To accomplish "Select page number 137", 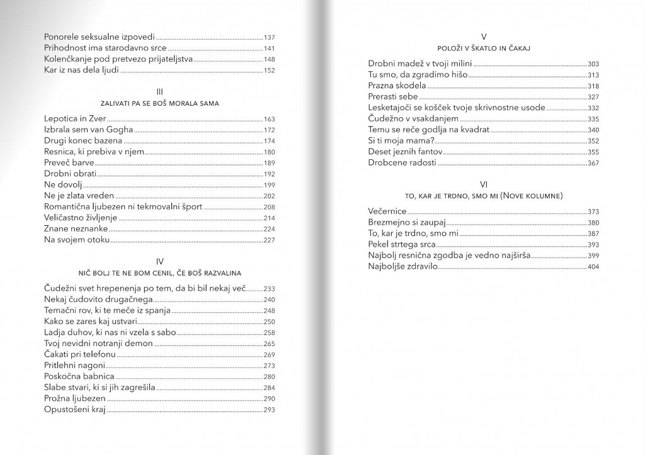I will pos(269,37).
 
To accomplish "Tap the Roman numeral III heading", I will pos(159,91).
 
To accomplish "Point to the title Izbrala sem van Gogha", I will pos(89,130).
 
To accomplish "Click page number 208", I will pos(269,207).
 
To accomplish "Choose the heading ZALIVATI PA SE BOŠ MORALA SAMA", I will pos(159,103).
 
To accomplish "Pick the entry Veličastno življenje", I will pos(81,218).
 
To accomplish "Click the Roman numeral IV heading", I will pos(159,261).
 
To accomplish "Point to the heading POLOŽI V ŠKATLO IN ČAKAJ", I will pos(484,48).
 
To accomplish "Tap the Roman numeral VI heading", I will pos(484,184).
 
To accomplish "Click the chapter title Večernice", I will pos(387,211).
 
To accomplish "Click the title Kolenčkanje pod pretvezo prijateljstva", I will pos(117,59).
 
